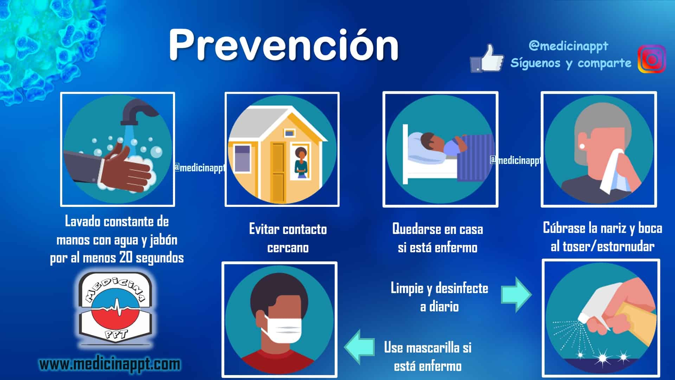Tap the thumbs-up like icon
[x=487, y=59]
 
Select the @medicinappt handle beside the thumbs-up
[x=568, y=46]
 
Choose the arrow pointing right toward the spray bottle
[x=516, y=294]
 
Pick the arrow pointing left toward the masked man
[x=359, y=347]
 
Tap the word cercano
[x=288, y=248]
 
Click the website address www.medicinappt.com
[x=110, y=364]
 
